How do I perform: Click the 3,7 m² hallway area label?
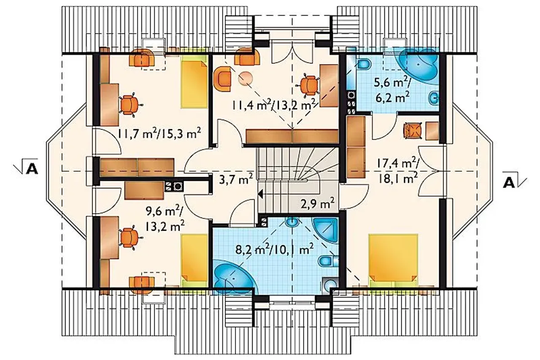click(236, 179)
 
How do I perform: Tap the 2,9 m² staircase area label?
click(318, 204)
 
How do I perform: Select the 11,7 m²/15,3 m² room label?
click(159, 133)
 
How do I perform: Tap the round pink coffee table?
click(246, 78)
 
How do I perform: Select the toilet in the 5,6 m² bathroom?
click(364, 65)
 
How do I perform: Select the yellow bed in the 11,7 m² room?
click(194, 82)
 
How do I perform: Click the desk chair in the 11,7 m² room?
click(130, 105)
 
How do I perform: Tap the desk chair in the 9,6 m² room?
click(130, 238)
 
